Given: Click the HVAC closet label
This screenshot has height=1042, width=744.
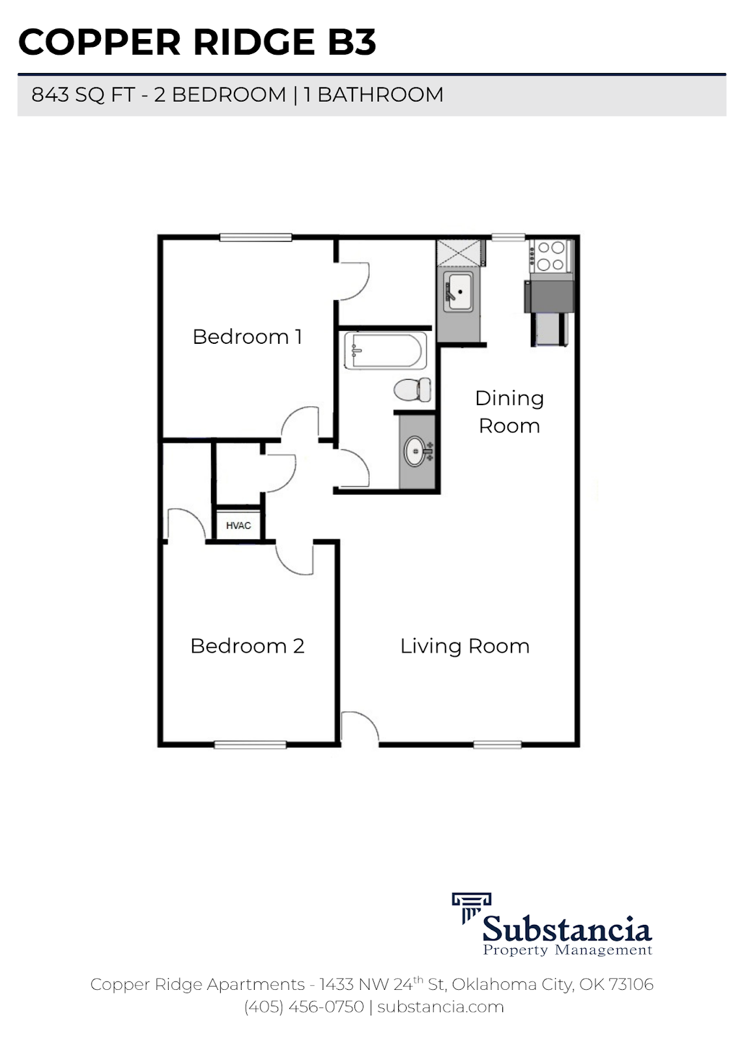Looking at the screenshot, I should tap(238, 525).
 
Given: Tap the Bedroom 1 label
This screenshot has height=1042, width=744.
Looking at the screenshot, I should tap(247, 337).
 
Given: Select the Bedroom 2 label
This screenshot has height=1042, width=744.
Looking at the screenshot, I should tap(247, 646).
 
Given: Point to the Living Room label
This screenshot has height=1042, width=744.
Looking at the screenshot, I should tap(465, 646).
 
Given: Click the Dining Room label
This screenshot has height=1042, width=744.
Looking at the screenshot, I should tap(509, 412).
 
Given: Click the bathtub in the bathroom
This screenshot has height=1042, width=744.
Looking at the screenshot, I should tap(385, 350).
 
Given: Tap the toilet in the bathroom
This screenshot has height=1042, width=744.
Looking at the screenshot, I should tap(413, 389).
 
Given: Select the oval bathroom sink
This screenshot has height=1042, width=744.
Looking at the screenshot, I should tap(416, 451).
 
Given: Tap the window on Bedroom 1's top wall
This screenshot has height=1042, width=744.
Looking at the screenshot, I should tap(255, 238).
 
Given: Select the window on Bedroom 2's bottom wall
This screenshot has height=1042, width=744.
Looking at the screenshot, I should tap(250, 744).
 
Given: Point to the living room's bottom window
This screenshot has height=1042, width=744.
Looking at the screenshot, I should tap(493, 744).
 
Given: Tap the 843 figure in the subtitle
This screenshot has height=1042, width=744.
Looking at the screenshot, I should tap(50, 95).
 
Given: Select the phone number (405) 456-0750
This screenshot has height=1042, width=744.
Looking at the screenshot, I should tap(304, 1007).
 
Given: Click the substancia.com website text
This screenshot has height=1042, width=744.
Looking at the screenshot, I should tap(440, 1007).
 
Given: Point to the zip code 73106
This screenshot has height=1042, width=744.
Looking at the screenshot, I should tap(630, 984).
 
